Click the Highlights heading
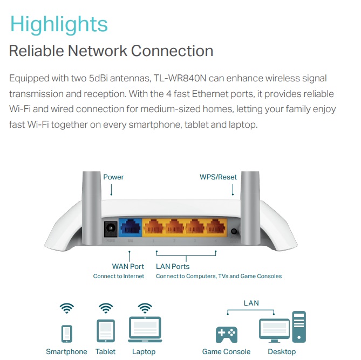tap(59, 24)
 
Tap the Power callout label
tap(113, 177)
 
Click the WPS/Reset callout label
tap(218, 177)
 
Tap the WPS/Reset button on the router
tap(234, 232)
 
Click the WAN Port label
tap(128, 266)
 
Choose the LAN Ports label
tap(173, 266)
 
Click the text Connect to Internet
tap(119, 276)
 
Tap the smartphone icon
tap(66, 333)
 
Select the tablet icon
tap(105, 330)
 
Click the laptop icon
tap(144, 329)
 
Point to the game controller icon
tap(226, 334)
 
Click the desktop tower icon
tap(299, 327)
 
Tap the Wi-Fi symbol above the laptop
tap(145, 308)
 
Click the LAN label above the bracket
tap(251, 303)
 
